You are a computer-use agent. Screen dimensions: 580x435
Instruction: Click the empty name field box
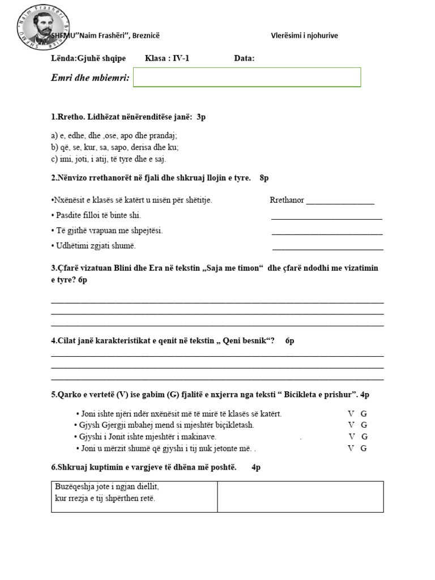point(247,78)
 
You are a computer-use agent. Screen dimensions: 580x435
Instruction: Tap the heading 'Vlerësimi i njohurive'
point(304,36)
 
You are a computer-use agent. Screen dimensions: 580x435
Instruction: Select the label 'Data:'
point(244,58)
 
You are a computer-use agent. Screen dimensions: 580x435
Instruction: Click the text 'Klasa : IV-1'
point(167,58)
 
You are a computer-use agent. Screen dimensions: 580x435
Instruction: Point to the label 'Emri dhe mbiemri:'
point(91,78)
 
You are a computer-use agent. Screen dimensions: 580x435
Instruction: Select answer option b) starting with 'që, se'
point(114,147)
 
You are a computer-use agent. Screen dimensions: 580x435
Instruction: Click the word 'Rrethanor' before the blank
point(287,200)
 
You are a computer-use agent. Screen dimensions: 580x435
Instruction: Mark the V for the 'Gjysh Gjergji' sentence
point(351,425)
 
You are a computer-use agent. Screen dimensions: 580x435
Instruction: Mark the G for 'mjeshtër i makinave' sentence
point(365,437)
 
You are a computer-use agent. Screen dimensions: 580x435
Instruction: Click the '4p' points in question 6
point(256,467)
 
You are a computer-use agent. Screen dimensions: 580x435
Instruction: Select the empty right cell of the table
point(300,496)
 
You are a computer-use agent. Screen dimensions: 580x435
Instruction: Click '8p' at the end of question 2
point(264,178)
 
